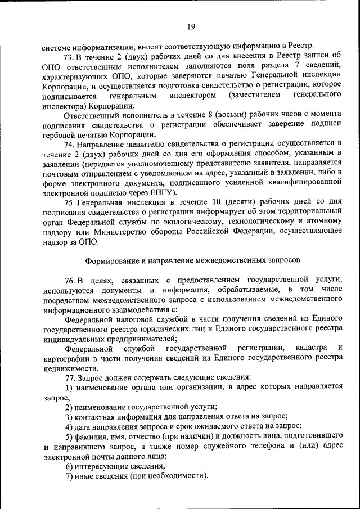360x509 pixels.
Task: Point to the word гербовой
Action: [x=59, y=134]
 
